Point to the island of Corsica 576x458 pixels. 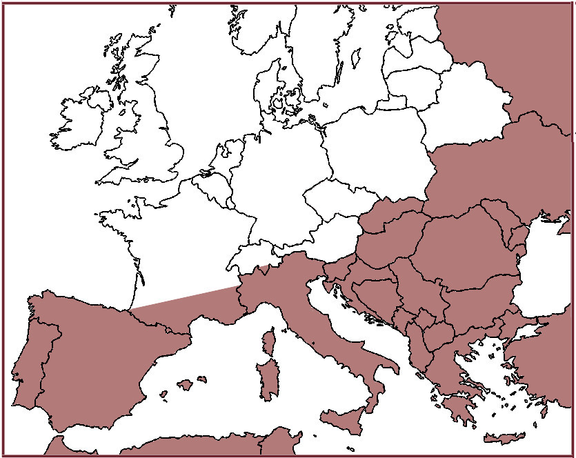tap(268, 343)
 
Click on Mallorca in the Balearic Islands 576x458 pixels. tap(185, 384)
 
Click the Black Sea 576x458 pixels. tap(548, 269)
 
